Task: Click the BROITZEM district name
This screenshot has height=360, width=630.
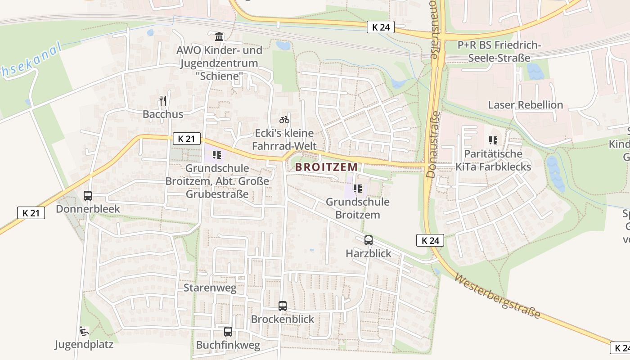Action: pyautogui.click(x=326, y=167)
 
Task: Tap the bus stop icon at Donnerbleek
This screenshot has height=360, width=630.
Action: pyautogui.click(x=88, y=196)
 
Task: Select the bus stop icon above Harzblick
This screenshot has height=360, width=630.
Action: pyautogui.click(x=369, y=240)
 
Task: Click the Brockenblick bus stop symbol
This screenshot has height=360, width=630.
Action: pyautogui.click(x=283, y=306)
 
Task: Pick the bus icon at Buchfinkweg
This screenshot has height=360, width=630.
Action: pyautogui.click(x=228, y=332)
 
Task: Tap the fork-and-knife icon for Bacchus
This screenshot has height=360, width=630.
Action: pyautogui.click(x=163, y=101)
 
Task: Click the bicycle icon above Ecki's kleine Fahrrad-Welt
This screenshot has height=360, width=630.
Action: pyautogui.click(x=284, y=120)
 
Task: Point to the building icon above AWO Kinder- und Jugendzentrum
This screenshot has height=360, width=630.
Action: pyautogui.click(x=219, y=36)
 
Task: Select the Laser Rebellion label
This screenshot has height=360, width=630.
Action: pyautogui.click(x=526, y=105)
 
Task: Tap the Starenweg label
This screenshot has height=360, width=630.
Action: pyautogui.click(x=210, y=288)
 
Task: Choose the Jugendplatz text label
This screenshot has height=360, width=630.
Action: pyautogui.click(x=84, y=345)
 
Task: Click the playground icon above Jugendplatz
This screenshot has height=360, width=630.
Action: pyautogui.click(x=84, y=332)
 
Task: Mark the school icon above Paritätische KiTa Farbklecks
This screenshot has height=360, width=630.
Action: pyautogui.click(x=493, y=140)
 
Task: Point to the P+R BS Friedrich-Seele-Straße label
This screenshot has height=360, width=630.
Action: pyautogui.click(x=499, y=51)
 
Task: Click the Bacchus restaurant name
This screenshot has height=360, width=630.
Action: pyautogui.click(x=163, y=114)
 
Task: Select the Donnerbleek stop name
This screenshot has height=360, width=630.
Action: pyautogui.click(x=88, y=209)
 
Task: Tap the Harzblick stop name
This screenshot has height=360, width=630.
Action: pyautogui.click(x=369, y=253)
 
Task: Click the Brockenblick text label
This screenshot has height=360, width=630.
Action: pyautogui.click(x=283, y=319)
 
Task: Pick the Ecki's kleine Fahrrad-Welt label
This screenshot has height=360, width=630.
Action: pyautogui.click(x=284, y=139)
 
